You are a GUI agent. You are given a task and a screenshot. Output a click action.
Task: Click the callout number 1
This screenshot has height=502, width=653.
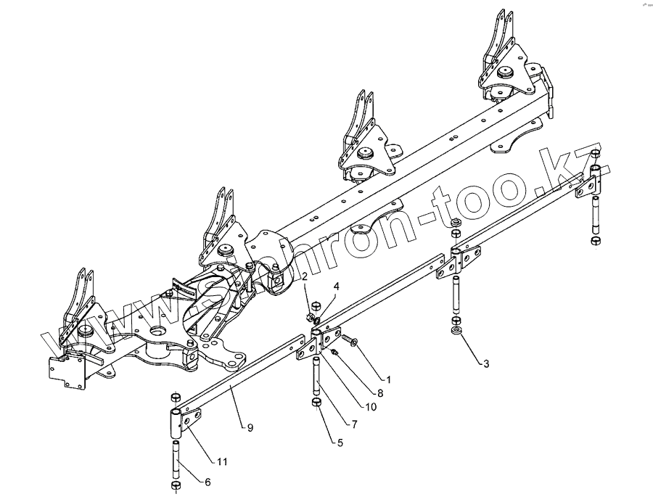[x=389, y=379]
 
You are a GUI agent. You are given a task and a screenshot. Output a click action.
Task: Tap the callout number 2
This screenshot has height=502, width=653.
[x=305, y=276]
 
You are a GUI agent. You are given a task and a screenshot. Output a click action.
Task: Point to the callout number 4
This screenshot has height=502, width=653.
[x=336, y=287]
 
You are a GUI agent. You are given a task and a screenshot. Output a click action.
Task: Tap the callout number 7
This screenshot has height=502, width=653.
[x=354, y=424]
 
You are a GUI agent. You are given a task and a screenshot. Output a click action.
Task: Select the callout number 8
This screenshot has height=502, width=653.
[x=380, y=392]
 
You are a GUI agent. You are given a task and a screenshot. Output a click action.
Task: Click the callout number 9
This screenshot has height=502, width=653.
[x=250, y=429]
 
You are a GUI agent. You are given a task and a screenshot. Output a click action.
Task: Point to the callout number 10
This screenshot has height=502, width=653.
[x=371, y=407]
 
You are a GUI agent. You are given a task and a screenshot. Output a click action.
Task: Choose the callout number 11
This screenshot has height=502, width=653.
[x=221, y=461]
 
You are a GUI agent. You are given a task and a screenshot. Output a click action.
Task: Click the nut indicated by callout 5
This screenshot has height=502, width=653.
[x=316, y=403]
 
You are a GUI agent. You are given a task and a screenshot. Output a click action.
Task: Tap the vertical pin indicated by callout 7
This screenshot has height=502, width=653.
[x=317, y=374]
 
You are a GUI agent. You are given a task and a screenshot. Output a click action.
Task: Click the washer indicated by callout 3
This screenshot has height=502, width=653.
[x=456, y=332]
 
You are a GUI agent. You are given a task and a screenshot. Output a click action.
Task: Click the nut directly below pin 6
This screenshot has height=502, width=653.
[x=175, y=485]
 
